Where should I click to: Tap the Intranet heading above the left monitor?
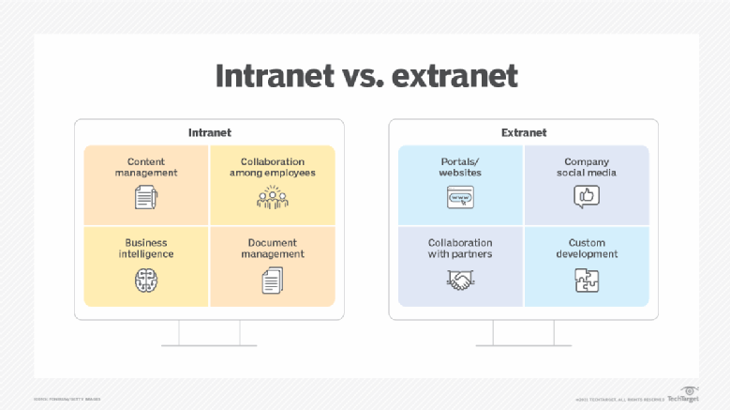209,132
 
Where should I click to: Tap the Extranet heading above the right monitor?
524,132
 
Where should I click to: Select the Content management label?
146,167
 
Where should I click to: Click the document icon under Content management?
146,197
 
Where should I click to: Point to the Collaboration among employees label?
272,167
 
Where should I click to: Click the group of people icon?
272,197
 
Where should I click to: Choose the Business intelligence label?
146,248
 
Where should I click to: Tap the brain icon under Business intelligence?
146,279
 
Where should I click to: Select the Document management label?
272,248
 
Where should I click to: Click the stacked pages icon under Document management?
272,279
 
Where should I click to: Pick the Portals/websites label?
460,167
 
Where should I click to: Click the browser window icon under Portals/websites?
460,197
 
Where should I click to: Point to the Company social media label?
587,167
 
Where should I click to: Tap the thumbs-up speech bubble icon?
587,197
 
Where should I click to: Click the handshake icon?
460,279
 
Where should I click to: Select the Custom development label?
587,248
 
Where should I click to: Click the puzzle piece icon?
587,279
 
